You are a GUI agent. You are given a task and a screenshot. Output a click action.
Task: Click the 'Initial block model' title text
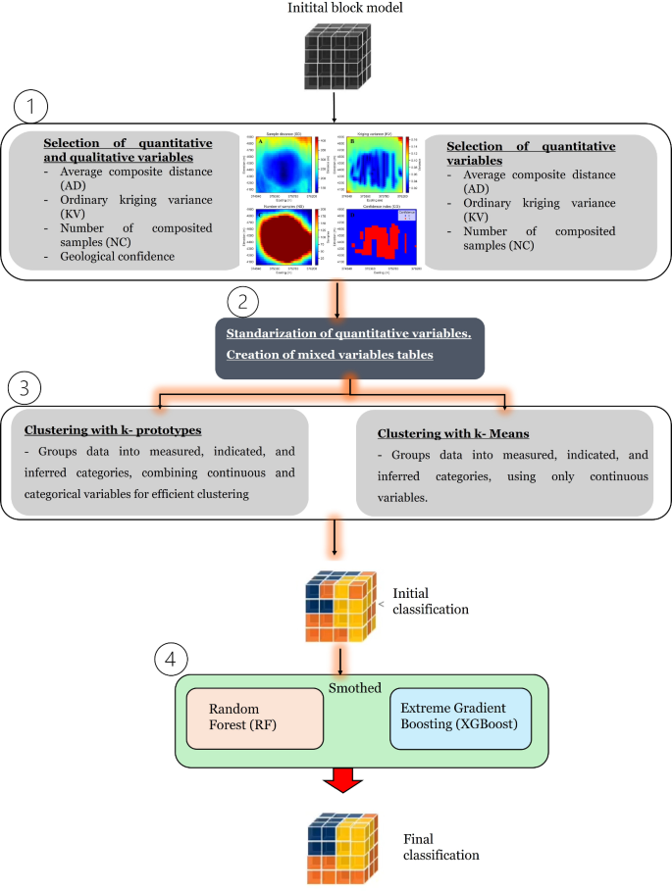click(x=336, y=9)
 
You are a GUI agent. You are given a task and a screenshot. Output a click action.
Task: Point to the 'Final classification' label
click(x=441, y=847)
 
